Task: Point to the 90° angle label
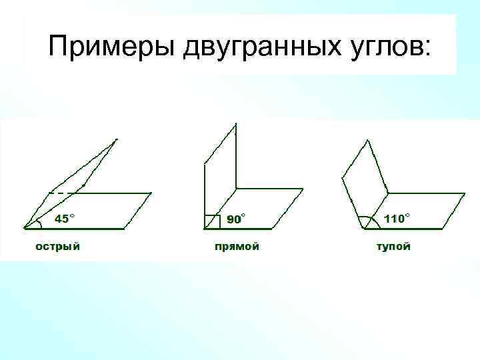click(234, 219)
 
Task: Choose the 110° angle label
click(395, 218)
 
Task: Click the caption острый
click(58, 247)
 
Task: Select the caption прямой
click(237, 247)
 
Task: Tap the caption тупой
click(394, 247)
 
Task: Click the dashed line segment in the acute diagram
click(61, 193)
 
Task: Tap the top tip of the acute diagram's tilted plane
click(117, 139)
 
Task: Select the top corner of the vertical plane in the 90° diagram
click(235, 123)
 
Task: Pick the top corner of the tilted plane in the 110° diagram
click(365, 139)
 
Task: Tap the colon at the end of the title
click(427, 49)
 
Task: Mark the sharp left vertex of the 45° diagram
click(24, 228)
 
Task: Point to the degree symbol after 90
click(243, 215)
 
